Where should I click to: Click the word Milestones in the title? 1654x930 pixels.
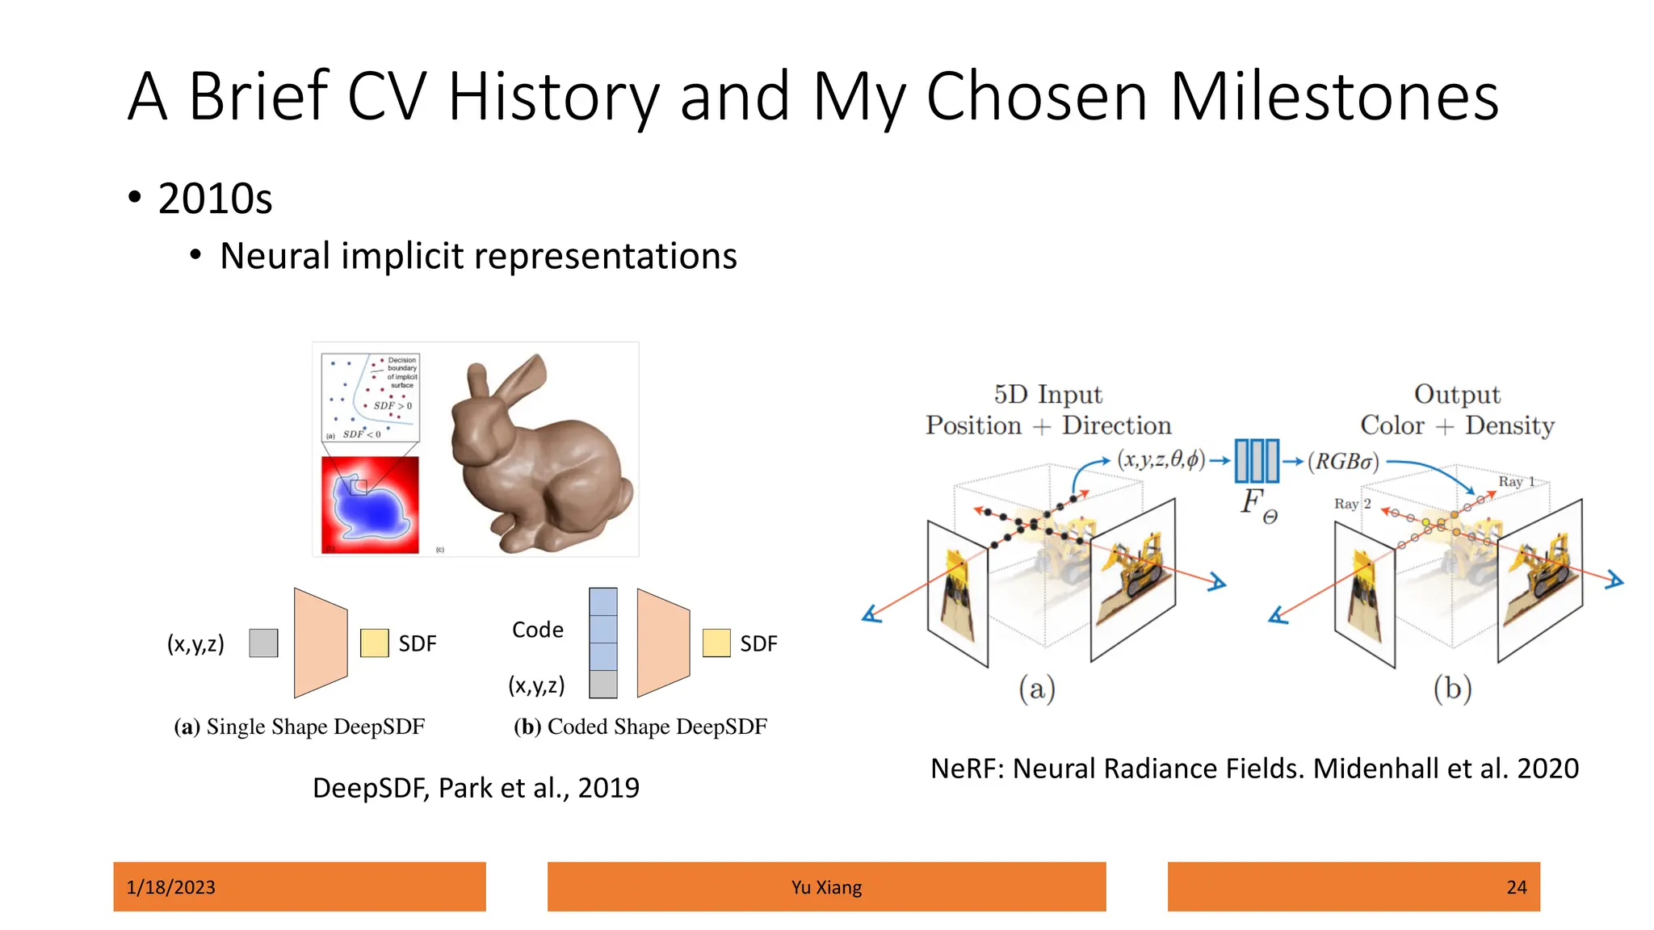[1333, 97]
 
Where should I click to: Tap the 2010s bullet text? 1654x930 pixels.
[215, 199]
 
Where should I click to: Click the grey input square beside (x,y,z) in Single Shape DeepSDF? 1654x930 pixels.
[263, 643]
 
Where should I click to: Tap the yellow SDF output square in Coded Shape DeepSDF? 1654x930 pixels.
[716, 643]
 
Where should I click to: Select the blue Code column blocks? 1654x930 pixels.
[603, 629]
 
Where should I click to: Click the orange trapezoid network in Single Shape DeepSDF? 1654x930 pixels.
[321, 643]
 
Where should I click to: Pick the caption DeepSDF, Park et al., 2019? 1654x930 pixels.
[476, 788]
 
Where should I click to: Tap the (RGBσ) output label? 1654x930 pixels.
[1343, 462]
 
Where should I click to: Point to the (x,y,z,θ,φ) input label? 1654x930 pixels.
[1161, 460]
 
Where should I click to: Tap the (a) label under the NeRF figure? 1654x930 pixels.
[1037, 689]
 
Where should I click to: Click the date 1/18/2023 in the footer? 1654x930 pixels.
[171, 887]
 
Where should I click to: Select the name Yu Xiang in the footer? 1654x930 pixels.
[826, 887]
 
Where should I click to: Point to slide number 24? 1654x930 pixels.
[1516, 887]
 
